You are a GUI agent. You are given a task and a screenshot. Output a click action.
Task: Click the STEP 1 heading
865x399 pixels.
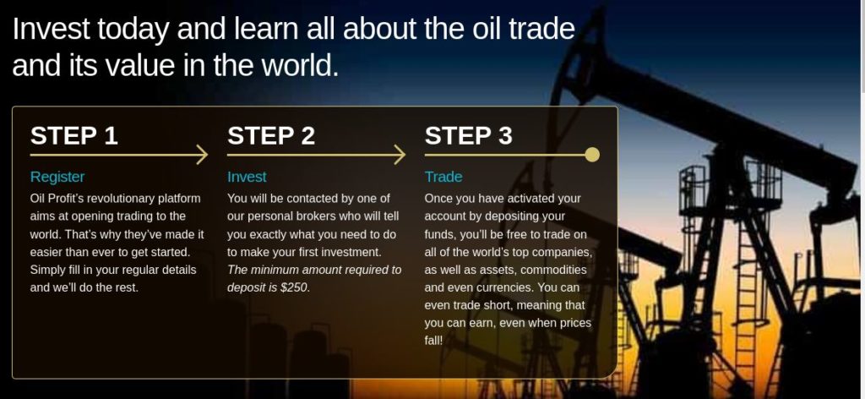74,136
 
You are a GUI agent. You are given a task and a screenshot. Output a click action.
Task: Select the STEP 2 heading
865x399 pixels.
271,136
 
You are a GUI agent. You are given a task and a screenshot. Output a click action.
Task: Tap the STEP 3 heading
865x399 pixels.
468,136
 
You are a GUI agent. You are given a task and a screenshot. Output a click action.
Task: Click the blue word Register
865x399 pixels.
57,178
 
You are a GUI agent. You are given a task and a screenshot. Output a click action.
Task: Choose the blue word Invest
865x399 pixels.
247,177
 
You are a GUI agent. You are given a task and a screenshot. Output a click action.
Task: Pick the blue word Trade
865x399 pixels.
443,177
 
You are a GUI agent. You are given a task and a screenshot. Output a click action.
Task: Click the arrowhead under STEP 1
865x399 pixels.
203,155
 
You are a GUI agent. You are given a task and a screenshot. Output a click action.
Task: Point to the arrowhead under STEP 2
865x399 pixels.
400,155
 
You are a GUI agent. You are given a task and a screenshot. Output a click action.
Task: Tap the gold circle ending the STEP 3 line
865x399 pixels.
592,155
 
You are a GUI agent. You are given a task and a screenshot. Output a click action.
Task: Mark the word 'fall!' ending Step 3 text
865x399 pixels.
433,341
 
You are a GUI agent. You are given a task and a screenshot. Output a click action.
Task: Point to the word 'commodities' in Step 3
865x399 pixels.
553,270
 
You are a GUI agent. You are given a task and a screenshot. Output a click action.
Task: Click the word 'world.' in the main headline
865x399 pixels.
299,65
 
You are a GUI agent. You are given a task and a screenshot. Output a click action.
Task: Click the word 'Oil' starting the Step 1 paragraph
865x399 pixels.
37,199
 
